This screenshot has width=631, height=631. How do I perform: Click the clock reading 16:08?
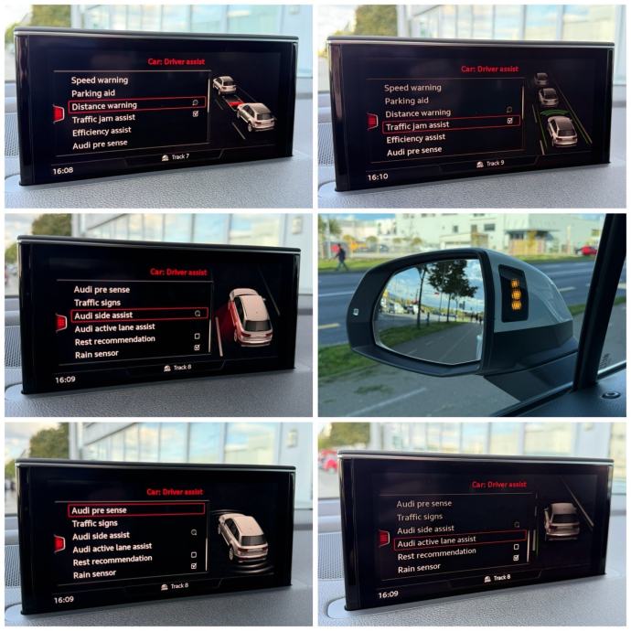63,171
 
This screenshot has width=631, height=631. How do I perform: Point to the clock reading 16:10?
378,176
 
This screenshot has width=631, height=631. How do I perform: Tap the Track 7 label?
176,157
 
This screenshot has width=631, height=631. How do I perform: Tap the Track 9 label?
490,164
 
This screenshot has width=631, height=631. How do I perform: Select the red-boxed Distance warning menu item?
137,105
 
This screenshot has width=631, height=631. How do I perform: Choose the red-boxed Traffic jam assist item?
451,125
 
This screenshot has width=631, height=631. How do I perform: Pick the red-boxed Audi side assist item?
139,315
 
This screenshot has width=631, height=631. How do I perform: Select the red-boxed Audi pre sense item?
136,510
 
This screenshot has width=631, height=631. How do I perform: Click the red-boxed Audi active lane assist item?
460,540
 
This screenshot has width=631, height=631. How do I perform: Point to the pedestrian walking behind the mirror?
341,257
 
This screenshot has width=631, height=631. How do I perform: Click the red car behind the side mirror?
586,251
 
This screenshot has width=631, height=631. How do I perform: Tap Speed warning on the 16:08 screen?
100,80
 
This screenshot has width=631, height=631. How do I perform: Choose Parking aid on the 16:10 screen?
406,101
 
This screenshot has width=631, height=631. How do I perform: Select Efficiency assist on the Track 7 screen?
102,132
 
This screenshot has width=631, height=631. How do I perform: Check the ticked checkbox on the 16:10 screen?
510,121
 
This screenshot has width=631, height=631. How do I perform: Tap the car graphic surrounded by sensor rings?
242,538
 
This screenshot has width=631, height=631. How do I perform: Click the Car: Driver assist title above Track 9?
489,69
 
